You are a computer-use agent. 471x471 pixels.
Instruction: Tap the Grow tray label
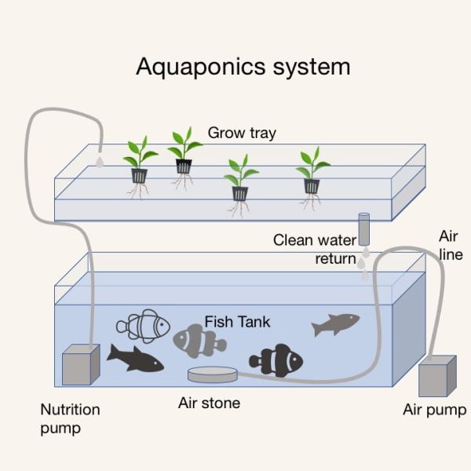[242, 133]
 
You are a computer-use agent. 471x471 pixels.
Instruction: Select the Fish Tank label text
[237, 321]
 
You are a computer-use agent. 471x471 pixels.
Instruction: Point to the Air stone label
[210, 403]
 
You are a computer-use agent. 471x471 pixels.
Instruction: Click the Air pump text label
[434, 410]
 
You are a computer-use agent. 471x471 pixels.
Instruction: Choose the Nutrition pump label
[70, 418]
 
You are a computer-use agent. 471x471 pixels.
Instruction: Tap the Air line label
[451, 244]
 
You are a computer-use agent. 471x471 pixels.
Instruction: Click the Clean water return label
[314, 249]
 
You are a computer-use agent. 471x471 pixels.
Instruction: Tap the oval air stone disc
[213, 374]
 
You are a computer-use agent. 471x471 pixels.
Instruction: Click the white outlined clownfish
[144, 324]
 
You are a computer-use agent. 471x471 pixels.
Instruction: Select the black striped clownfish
[276, 360]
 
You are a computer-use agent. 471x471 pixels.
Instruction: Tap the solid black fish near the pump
[135, 358]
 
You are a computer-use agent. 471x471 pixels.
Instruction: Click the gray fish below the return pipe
[335, 323]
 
